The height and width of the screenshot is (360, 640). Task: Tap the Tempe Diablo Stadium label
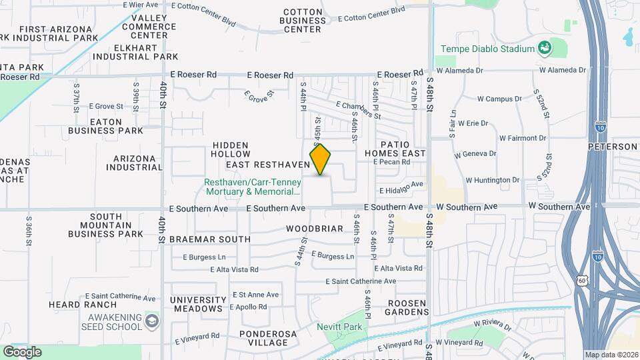(x=488, y=49)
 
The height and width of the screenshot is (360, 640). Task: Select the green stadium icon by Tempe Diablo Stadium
(x=545, y=48)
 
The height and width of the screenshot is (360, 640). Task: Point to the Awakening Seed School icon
(x=151, y=321)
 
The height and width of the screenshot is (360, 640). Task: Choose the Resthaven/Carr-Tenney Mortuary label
(x=253, y=187)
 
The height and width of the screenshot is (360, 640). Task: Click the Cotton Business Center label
(x=303, y=21)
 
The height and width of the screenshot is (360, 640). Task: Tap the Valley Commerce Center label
(x=149, y=27)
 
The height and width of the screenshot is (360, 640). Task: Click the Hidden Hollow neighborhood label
(x=231, y=150)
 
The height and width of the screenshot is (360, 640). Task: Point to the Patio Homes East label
(x=403, y=149)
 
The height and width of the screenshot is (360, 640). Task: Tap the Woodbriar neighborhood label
(x=315, y=229)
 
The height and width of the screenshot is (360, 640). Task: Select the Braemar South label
(x=210, y=239)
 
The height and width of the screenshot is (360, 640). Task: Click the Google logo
(x=22, y=351)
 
